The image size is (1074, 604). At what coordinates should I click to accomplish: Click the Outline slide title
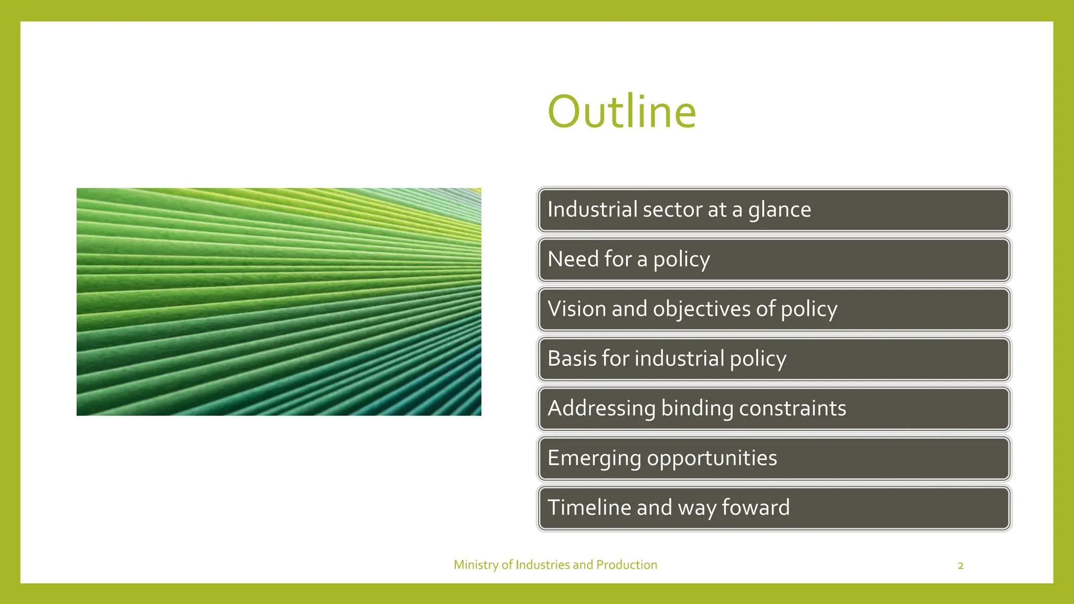point(622,112)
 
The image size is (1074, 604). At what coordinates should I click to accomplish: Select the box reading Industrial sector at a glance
point(774,210)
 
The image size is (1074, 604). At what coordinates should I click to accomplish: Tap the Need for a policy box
point(774,260)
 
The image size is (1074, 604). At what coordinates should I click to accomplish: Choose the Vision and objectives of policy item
point(774,309)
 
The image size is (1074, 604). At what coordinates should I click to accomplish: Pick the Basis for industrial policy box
point(774,359)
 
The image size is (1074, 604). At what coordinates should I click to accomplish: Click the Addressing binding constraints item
point(774,408)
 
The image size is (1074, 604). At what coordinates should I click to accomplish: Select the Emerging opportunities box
point(774,458)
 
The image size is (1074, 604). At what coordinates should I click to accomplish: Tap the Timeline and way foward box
point(774,508)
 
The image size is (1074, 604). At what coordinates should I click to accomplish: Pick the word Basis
point(572,359)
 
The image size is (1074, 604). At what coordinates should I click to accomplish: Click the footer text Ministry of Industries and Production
point(555,565)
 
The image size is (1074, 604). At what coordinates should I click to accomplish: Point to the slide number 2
point(961,566)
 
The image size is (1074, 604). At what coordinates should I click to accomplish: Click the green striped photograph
point(279,302)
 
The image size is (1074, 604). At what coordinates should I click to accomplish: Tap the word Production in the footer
point(627,565)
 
